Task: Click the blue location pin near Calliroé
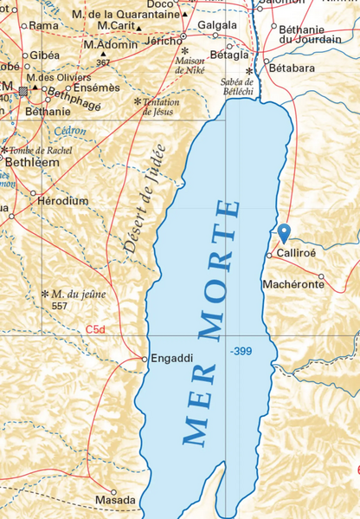point(284,232)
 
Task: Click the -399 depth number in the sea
point(241,351)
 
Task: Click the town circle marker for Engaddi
point(144,358)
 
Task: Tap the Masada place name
point(115,501)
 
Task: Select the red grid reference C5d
point(96,330)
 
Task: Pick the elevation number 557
point(59,307)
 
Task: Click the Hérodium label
point(63,200)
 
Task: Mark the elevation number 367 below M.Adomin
point(104,62)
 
